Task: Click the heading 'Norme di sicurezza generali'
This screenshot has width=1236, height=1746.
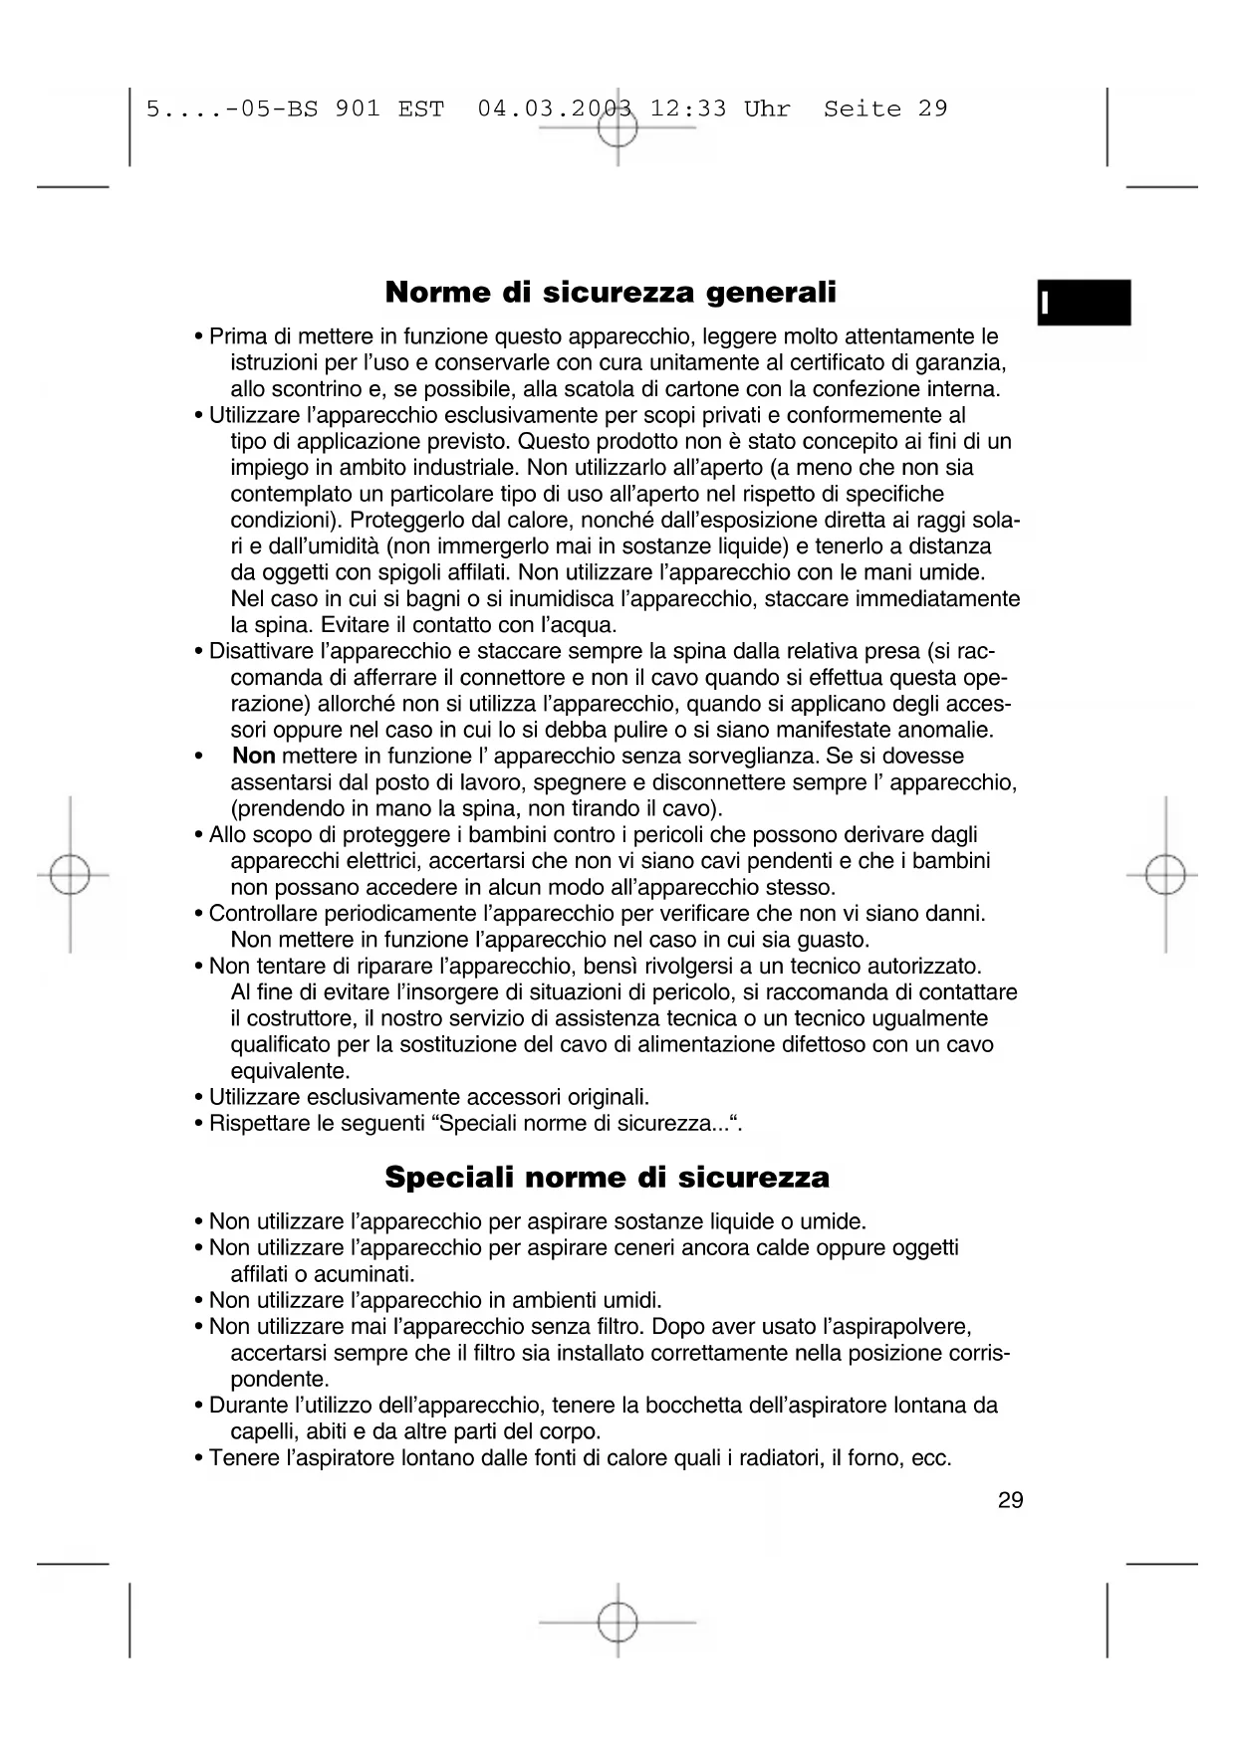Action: tap(610, 293)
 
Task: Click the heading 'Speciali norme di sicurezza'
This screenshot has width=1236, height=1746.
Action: tap(607, 1178)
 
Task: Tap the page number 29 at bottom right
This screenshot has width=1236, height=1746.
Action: tap(1010, 1500)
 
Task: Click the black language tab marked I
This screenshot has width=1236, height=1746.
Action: tap(1083, 304)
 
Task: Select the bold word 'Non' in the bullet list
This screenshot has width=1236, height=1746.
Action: tap(253, 757)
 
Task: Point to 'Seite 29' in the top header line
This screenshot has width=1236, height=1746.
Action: tap(885, 109)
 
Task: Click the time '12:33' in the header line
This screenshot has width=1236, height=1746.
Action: tap(688, 109)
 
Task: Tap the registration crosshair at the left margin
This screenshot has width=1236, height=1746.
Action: tap(70, 875)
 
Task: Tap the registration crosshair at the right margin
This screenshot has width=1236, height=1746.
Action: tap(1165, 875)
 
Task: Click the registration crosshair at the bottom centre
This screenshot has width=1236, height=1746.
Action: tap(618, 1622)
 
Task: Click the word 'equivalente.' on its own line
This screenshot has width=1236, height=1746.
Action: tap(291, 1072)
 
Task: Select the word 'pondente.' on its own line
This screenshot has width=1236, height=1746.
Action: tap(280, 1380)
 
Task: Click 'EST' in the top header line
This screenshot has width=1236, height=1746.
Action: tap(420, 109)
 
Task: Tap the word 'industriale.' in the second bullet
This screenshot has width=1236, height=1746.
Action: tap(461, 468)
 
